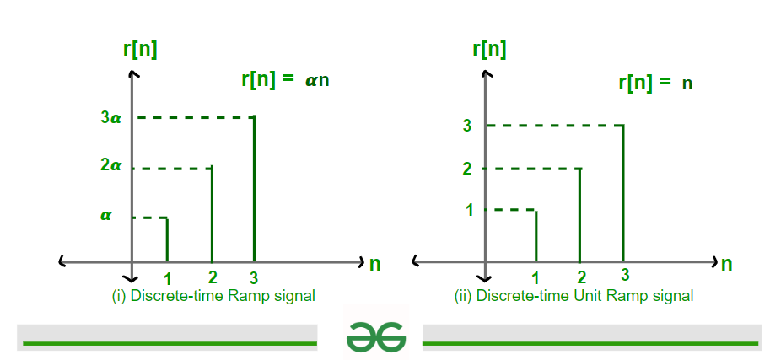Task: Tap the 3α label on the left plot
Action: click(110, 118)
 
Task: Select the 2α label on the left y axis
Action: click(110, 165)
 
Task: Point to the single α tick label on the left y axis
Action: click(105, 215)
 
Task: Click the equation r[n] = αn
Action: click(285, 79)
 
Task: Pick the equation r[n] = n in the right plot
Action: click(655, 83)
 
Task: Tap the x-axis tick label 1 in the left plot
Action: click(168, 279)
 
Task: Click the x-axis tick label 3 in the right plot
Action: click(625, 276)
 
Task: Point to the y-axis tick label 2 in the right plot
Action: click(467, 169)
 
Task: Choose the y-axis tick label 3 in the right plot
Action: click(467, 126)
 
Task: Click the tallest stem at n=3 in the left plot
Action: click(255, 189)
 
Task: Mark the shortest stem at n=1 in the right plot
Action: click(536, 236)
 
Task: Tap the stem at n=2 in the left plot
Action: click(212, 214)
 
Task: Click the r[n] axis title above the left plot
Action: click(140, 50)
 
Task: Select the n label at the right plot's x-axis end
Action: click(727, 264)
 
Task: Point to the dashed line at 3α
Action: click(197, 118)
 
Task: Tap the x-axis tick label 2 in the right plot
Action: click(581, 278)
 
